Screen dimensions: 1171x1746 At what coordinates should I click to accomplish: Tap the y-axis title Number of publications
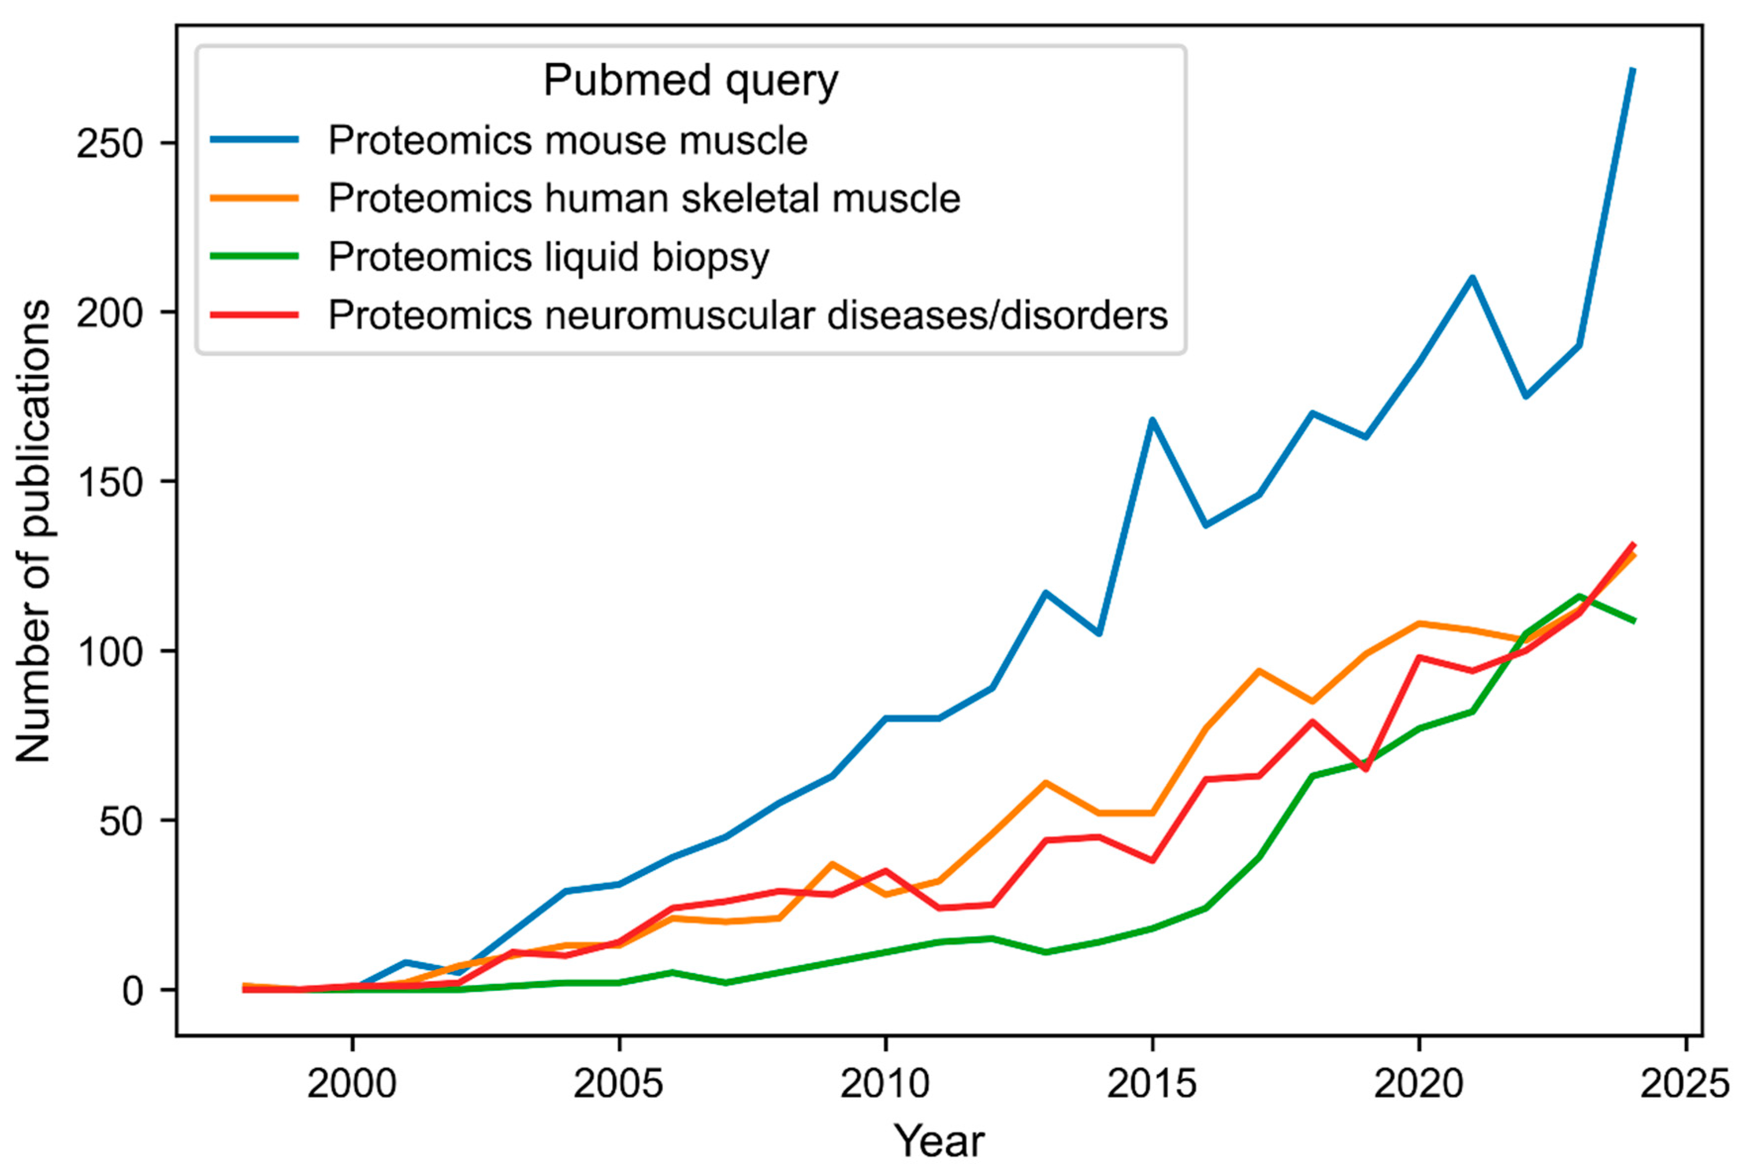(34, 531)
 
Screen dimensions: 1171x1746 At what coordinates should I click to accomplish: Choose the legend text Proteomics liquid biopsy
(548, 257)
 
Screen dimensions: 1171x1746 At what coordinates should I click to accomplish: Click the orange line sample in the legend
(255, 198)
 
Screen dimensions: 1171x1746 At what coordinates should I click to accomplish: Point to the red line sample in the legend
(255, 314)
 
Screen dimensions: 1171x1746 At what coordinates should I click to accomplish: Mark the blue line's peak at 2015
(1152, 419)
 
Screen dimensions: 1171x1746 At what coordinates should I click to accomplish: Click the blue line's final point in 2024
(1633, 69)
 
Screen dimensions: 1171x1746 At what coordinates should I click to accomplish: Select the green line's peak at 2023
(1579, 596)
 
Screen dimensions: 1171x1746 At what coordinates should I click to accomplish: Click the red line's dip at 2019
(1366, 769)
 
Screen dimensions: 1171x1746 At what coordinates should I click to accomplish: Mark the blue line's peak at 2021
(1472, 277)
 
